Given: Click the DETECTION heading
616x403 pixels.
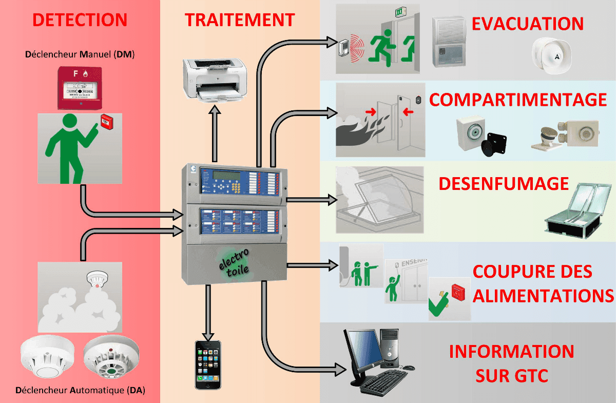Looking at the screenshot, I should [x=80, y=20].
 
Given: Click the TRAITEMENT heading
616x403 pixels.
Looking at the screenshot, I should [x=240, y=20].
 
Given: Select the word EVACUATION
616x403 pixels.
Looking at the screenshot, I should [x=528, y=24].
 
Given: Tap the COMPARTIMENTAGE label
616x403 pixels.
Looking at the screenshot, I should [x=518, y=100].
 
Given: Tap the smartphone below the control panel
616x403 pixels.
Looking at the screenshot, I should [x=208, y=364].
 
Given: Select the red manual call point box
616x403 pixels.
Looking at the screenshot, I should [x=80, y=88].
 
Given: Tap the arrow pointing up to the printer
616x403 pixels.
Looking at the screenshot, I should [x=215, y=133].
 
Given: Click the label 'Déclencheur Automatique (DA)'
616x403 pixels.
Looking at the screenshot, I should [x=80, y=390].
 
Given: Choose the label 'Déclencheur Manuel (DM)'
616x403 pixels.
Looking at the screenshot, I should [x=80, y=54].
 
